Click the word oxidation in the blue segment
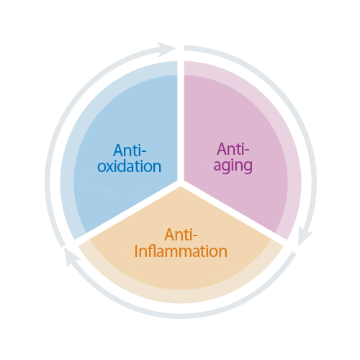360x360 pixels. tap(129, 166)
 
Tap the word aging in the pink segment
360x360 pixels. tap(233, 166)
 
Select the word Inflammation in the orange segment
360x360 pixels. tap(181, 251)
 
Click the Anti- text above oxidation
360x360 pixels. tap(130, 150)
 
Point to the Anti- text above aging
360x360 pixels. tap(233, 149)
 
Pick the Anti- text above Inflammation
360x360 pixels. tap(181, 235)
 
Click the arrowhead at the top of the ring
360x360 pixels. tap(166, 49)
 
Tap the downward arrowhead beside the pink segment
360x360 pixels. tap(304, 235)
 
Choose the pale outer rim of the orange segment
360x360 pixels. tap(181, 297)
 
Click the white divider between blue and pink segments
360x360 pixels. tap(181, 120)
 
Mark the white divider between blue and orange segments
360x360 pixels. tap(127, 211)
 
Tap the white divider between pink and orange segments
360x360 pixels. tap(234, 211)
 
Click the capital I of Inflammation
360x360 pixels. tap(136, 251)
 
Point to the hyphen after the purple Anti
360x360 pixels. tap(246, 151)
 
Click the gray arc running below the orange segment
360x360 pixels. tap(181, 316)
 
